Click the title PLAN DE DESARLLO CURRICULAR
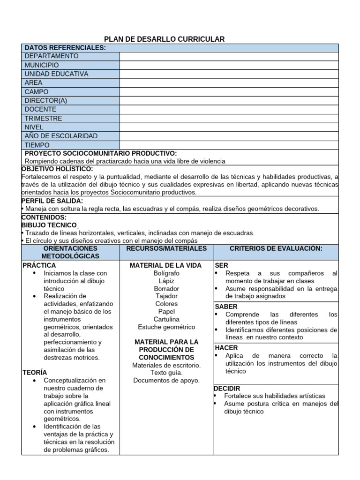pos(164,39)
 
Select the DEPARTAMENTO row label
pos(52,56)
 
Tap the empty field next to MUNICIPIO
pos(229,65)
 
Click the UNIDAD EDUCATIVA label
pos(56,74)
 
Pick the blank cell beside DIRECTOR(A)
pos(229,101)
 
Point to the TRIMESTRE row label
pos(43,119)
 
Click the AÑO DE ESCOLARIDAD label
pos(61,136)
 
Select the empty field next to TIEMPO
pos(229,145)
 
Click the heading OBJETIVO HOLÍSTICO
pos(57,169)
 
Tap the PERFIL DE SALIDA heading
pos(52,201)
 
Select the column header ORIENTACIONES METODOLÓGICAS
pos(70,252)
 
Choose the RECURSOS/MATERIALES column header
pos(166,248)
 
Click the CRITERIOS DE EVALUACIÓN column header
pos(276,248)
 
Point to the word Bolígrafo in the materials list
pos(166,273)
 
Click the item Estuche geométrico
pos(166,327)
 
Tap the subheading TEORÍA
pos(35,372)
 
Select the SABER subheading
pos(226,307)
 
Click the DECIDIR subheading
pos(227,389)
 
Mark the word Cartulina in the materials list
pos(166,319)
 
